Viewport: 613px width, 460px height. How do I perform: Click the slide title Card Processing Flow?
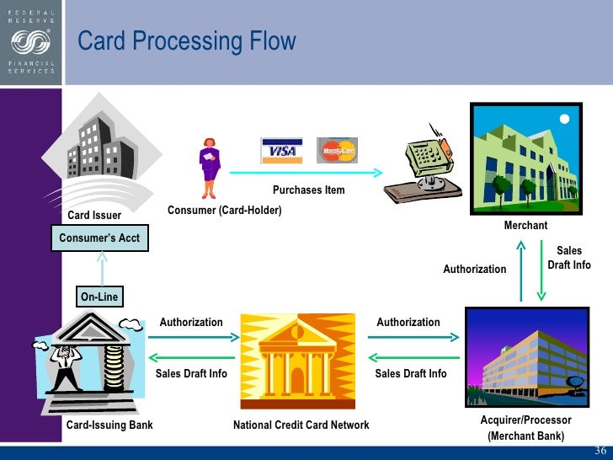click(187, 40)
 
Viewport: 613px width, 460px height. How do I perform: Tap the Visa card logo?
click(282, 151)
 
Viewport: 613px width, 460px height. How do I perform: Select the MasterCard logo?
click(337, 150)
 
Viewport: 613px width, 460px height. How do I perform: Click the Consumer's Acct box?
click(100, 238)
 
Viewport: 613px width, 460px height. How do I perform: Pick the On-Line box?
click(99, 297)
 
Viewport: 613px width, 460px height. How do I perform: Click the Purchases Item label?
click(308, 190)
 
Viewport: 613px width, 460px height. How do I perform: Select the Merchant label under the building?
click(525, 225)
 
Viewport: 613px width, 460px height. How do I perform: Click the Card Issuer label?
click(94, 216)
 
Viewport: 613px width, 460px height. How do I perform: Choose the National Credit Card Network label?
click(301, 425)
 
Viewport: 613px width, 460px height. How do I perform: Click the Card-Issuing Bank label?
click(109, 425)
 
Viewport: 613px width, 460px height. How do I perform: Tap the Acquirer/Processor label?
click(525, 420)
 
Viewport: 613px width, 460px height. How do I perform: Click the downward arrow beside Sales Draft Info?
click(541, 270)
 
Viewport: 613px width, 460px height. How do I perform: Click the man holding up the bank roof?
click(65, 362)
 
